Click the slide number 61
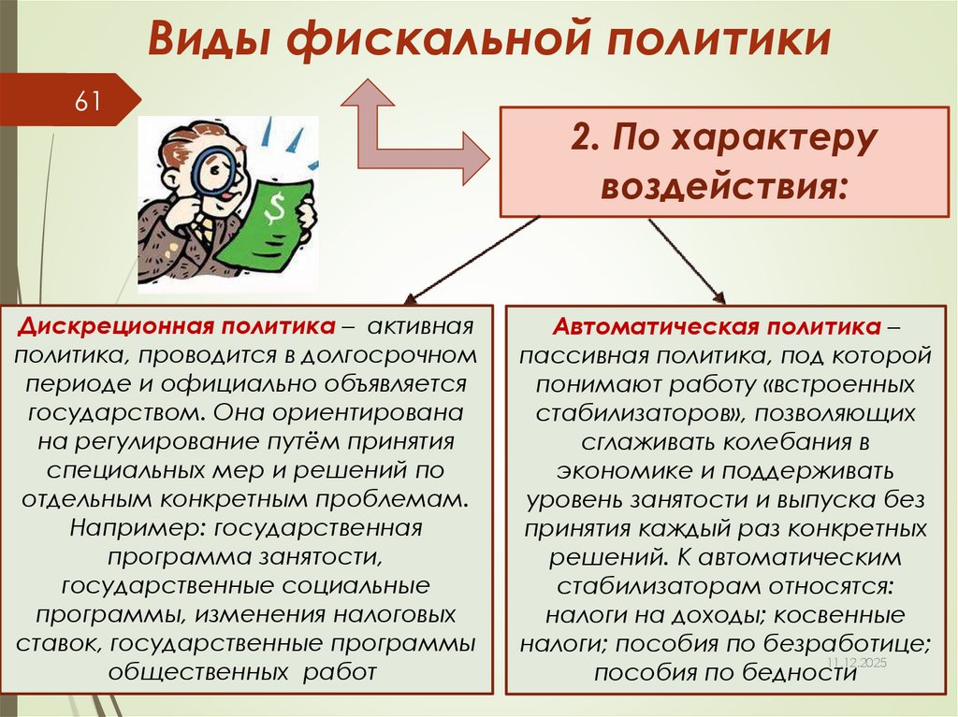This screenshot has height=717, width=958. coord(88,100)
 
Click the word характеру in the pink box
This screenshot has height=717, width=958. coord(766,141)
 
